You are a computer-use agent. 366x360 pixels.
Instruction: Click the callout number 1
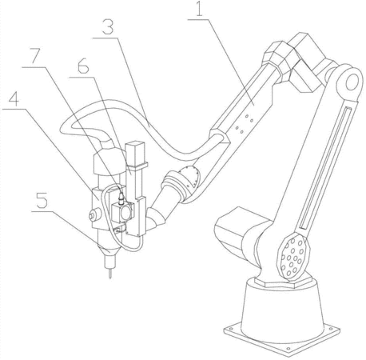click(x=200, y=10)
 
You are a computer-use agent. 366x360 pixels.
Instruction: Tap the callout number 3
click(x=108, y=26)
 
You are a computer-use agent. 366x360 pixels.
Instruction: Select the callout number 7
click(x=36, y=56)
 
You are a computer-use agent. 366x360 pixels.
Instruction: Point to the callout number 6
click(x=83, y=66)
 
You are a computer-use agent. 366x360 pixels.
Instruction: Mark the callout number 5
click(x=42, y=200)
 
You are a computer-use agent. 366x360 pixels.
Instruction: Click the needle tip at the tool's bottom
click(x=110, y=278)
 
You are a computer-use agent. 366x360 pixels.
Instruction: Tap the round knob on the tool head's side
click(x=93, y=215)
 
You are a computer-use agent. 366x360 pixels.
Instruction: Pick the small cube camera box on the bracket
click(x=122, y=212)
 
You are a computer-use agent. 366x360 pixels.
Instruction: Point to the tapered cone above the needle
click(x=110, y=250)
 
